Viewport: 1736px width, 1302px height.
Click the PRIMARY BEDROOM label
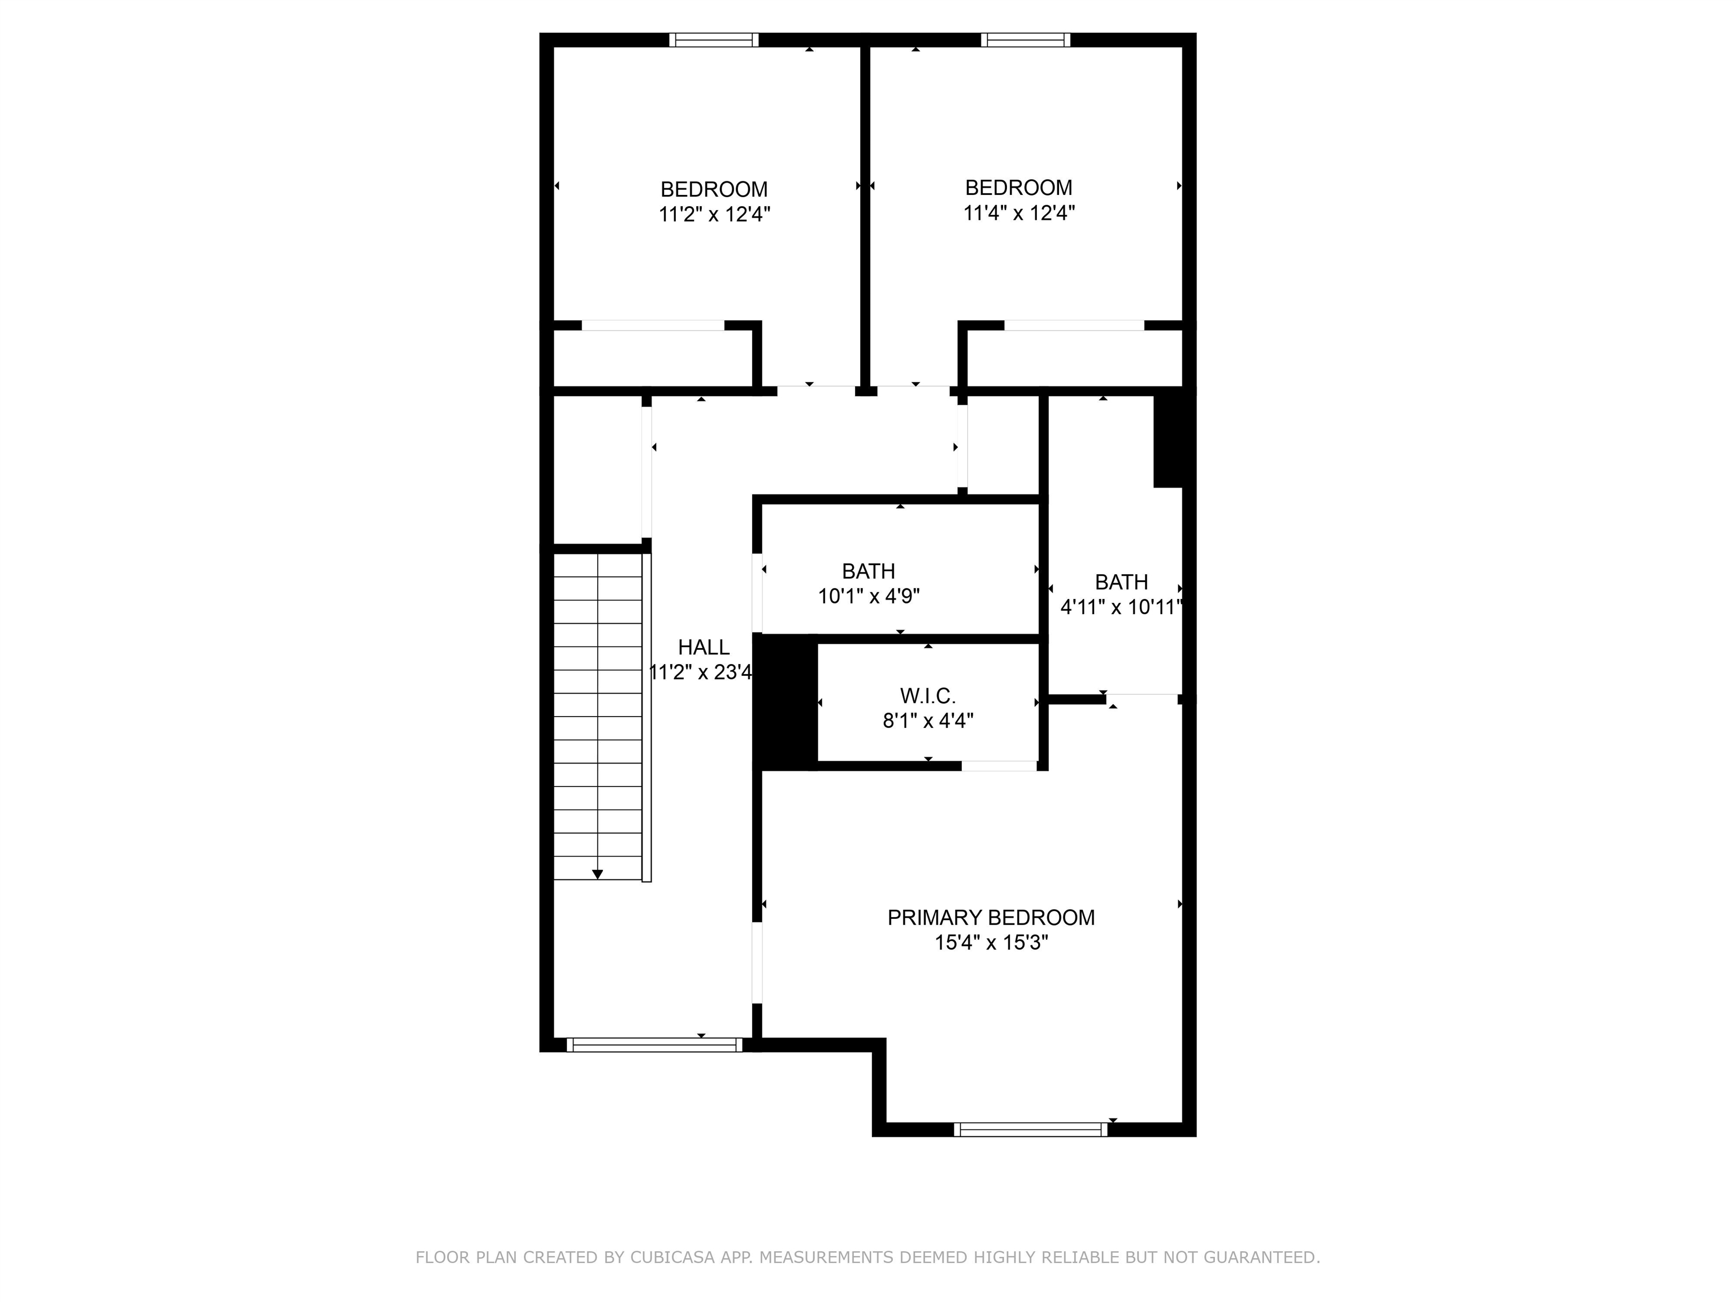tap(991, 917)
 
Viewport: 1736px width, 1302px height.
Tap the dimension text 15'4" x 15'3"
tap(991, 943)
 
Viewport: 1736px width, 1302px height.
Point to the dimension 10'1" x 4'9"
tap(869, 596)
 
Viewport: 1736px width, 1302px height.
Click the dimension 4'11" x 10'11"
tap(1121, 607)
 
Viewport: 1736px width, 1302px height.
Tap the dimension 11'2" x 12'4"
tap(714, 214)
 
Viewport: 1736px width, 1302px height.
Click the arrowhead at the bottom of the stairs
tap(597, 874)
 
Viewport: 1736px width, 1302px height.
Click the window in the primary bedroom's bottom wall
tap(1030, 1129)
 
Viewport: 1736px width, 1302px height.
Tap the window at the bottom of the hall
tap(654, 1044)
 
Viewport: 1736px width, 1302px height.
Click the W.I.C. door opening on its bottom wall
tap(999, 766)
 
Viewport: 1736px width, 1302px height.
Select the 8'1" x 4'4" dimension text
tap(928, 721)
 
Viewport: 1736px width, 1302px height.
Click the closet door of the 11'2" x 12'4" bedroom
tap(652, 325)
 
